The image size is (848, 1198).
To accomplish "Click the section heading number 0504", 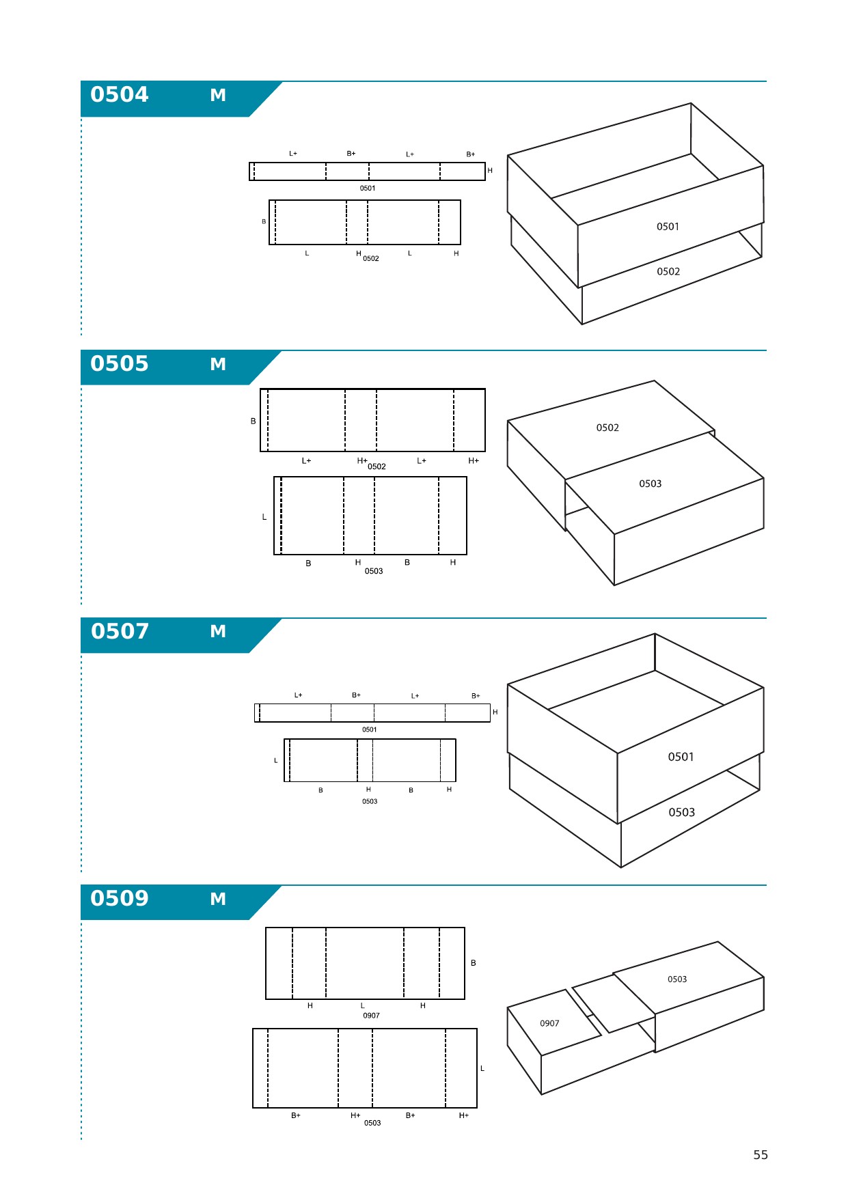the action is tap(120, 94).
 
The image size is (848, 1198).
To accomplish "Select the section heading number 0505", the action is tap(120, 363).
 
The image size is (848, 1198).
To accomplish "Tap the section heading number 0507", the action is tap(120, 631).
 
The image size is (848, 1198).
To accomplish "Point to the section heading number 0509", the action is tap(120, 898).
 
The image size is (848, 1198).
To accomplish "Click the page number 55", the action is tap(761, 1155).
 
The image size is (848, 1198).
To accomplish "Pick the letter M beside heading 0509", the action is tap(218, 899).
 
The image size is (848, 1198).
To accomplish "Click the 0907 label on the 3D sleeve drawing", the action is tap(549, 1023).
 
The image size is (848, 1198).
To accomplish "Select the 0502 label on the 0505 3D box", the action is tap(607, 428).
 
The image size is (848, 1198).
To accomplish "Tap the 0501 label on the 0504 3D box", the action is tap(668, 227).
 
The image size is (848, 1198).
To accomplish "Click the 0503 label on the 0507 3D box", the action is tap(681, 812).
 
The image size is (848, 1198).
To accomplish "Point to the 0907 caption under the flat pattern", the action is tap(371, 1016).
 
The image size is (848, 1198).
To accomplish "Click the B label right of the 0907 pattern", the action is tap(474, 963).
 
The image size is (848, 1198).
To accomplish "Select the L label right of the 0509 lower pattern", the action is tap(482, 1068).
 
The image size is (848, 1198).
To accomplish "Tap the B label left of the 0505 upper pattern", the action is tap(254, 421).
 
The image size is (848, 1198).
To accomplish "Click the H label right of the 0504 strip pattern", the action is tap(490, 171).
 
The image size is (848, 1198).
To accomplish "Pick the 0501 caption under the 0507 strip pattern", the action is tap(369, 729).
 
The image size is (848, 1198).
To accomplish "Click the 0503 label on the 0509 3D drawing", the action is tap(677, 979).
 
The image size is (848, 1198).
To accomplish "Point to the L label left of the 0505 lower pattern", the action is tap(264, 517).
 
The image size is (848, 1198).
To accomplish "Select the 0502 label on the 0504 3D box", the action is tap(668, 272).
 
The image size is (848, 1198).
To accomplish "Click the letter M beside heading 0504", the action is tap(218, 95).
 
